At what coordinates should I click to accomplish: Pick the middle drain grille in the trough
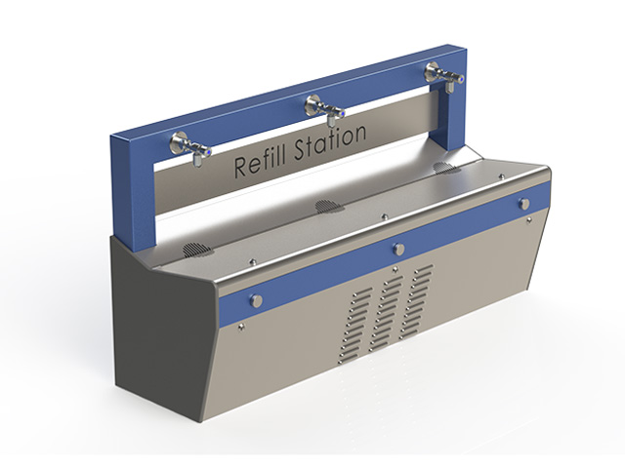tap(327, 206)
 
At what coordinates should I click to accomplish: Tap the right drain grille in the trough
tap(445, 167)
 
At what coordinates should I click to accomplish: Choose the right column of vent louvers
tap(421, 294)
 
